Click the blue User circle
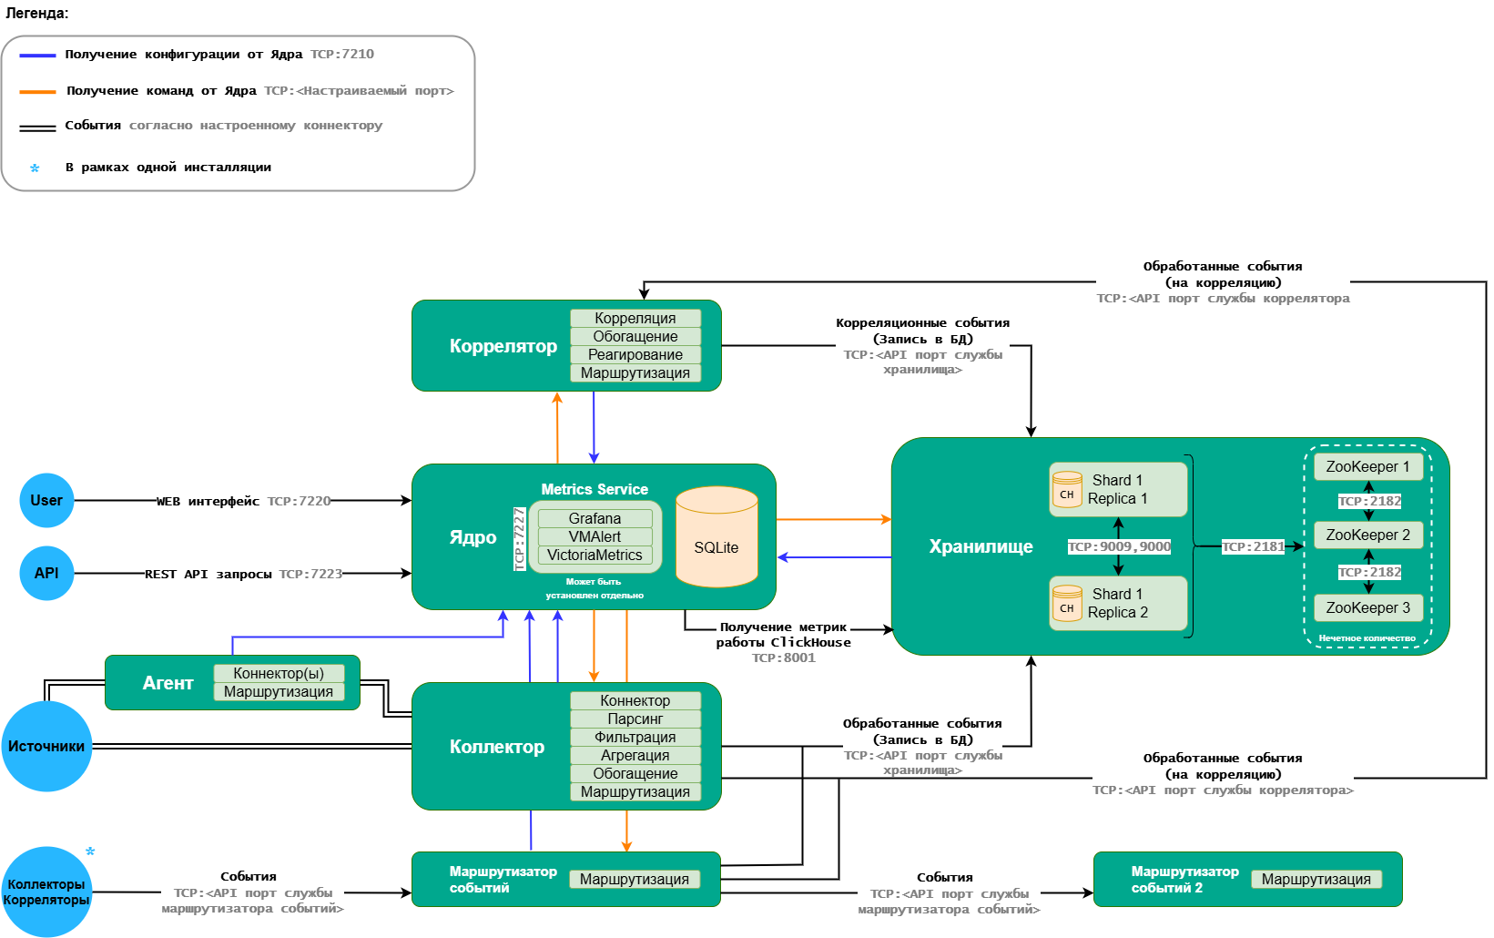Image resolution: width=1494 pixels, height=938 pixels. coord(46,500)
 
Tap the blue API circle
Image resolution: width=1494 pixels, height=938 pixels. coord(46,573)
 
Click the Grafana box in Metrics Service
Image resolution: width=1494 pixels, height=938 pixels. coord(595,518)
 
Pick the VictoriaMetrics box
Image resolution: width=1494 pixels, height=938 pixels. coord(595,555)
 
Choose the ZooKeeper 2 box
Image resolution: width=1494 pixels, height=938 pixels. coord(1367,535)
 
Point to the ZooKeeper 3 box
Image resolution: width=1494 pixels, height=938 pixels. coord(1367,607)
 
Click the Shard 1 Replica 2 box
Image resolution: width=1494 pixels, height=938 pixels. coord(1118,603)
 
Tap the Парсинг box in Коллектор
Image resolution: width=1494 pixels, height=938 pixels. coord(635,719)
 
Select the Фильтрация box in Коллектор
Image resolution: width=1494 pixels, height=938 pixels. coord(635,737)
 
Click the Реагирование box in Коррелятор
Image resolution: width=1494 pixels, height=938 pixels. coord(635,354)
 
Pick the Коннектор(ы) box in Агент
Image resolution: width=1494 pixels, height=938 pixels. coord(279,673)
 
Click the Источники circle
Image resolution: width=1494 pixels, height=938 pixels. coord(46,746)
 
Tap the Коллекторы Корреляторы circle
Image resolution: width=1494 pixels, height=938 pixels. coord(46,892)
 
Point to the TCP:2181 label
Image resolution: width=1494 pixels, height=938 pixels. coord(1253,546)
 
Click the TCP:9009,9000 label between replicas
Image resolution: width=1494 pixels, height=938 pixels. coord(1119,546)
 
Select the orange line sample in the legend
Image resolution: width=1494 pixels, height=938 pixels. coord(37,91)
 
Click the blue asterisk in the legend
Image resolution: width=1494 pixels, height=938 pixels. coord(35,168)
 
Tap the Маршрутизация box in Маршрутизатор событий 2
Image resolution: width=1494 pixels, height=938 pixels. coord(1316,879)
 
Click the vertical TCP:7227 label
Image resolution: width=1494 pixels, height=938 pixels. coord(519,538)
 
